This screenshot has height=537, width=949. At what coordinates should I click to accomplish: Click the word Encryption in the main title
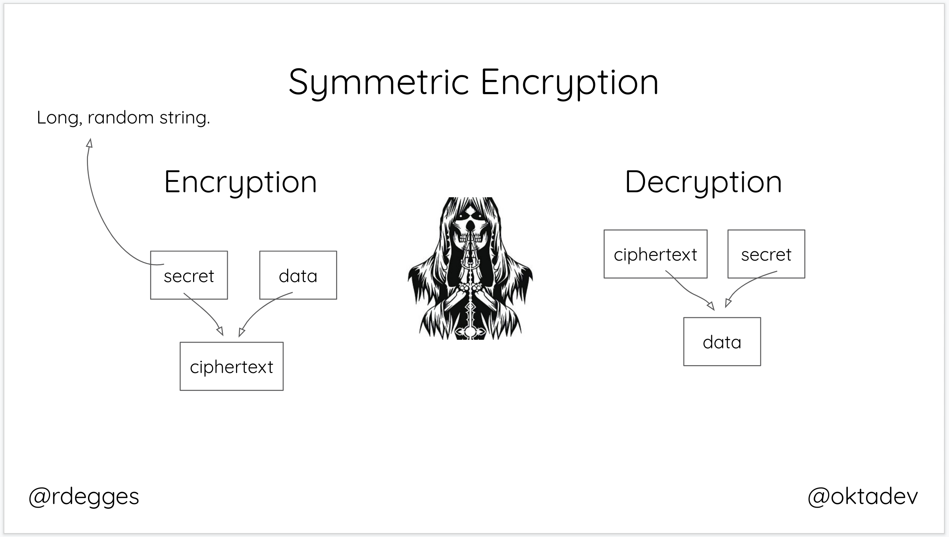(x=569, y=82)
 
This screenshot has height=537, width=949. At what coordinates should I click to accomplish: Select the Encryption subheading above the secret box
(x=240, y=182)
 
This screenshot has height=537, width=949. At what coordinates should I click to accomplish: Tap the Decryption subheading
(x=703, y=182)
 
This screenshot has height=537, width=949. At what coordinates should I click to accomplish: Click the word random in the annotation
(x=121, y=118)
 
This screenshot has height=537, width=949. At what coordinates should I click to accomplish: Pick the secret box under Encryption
(x=189, y=275)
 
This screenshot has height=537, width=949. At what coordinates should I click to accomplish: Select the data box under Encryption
(x=298, y=275)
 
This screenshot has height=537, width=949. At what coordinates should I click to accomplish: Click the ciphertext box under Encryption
(x=231, y=366)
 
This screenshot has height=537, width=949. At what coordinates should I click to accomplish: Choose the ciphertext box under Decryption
(x=655, y=254)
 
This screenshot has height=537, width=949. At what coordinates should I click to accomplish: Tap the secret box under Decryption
(x=766, y=254)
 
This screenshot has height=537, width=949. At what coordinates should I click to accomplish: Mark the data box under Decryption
(x=722, y=342)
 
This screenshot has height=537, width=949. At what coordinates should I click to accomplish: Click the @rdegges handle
(x=84, y=496)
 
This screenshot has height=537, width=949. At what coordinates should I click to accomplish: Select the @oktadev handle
(x=862, y=496)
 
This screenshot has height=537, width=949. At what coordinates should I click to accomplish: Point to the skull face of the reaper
(x=470, y=229)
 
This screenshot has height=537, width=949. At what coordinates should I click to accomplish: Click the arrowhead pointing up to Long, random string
(x=89, y=144)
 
